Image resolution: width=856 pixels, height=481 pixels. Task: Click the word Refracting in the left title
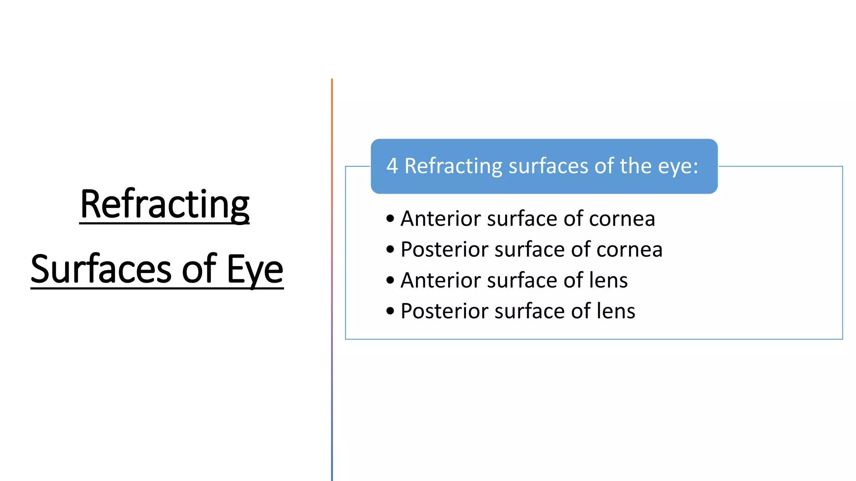click(165, 204)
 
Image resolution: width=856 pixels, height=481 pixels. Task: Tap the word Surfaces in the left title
click(101, 269)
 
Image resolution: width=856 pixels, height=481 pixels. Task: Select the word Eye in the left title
click(255, 269)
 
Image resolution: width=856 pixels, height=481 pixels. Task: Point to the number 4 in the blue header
click(392, 166)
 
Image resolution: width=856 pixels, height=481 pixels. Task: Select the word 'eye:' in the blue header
click(678, 166)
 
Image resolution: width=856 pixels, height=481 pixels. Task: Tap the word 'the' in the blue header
click(636, 166)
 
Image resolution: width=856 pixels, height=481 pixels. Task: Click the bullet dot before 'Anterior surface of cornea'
click(390, 218)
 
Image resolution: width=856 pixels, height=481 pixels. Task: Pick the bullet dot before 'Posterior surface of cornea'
click(390, 249)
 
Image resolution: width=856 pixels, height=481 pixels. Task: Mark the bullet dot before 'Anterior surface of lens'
click(390, 280)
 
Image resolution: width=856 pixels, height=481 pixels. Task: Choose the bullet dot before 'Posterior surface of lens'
click(390, 311)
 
